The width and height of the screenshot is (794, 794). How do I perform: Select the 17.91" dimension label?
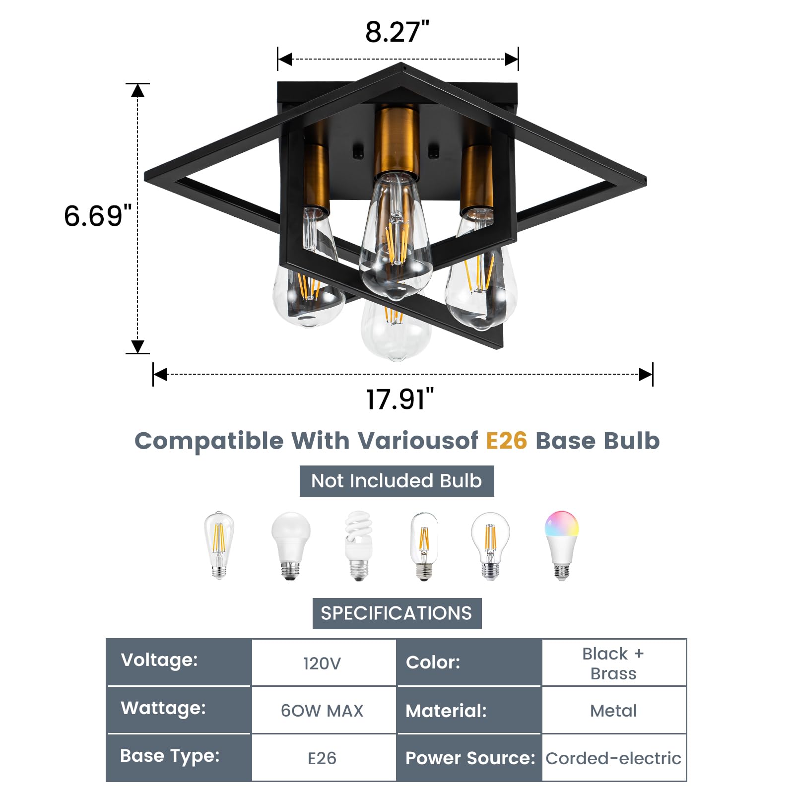click(x=399, y=399)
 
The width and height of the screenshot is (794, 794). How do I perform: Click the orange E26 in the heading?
click(x=506, y=441)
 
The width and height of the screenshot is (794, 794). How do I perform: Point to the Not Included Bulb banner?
click(x=397, y=481)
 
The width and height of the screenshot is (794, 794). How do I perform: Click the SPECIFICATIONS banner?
click(x=397, y=613)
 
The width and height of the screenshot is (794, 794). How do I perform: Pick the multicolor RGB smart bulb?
click(x=561, y=544)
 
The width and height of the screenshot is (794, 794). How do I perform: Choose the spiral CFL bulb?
click(x=358, y=545)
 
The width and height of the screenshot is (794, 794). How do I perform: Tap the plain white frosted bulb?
click(x=291, y=544)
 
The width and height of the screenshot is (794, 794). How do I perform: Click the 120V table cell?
click(x=323, y=663)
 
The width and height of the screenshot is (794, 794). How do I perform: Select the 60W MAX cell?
click(x=323, y=711)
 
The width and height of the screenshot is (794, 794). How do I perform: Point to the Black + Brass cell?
click(x=613, y=663)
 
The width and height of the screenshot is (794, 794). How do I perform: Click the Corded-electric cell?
click(x=613, y=758)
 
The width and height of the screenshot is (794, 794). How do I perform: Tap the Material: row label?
click(x=446, y=711)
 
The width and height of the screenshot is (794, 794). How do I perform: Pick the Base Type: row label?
click(x=170, y=756)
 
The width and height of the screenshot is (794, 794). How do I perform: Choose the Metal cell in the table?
click(x=613, y=711)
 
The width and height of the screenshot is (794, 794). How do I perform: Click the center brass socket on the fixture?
click(x=396, y=141)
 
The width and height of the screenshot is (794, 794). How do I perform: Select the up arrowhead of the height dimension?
click(x=137, y=90)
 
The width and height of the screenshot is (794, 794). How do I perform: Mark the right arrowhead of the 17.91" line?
click(x=646, y=374)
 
